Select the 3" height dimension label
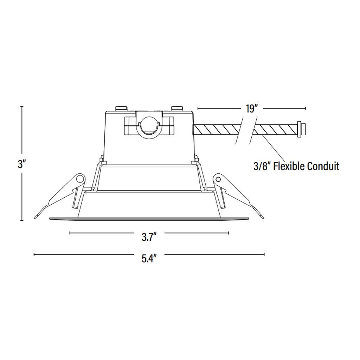(22, 164)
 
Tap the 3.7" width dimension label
(149, 237)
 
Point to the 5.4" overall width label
(149, 259)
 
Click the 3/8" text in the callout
(262, 166)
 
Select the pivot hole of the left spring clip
(81, 179)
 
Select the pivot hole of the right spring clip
(218, 179)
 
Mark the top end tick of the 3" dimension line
(22, 106)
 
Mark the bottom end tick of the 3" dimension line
(22, 220)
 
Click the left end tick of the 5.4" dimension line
(34, 255)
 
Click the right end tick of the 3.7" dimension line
(229, 233)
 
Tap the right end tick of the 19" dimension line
(306, 108)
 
